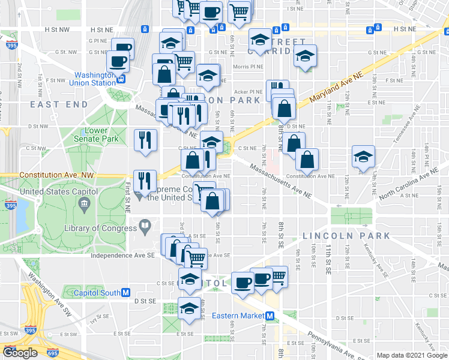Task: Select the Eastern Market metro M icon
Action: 270,316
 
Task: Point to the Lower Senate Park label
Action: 88,135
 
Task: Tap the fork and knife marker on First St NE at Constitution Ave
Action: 145,180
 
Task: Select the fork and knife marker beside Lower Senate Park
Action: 145,139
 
